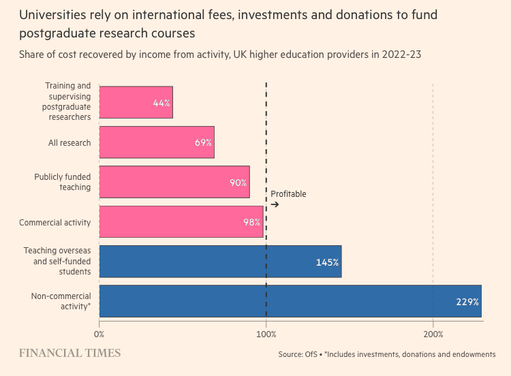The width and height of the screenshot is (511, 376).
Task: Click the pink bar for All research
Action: (157, 142)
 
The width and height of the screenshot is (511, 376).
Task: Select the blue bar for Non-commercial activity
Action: (290, 302)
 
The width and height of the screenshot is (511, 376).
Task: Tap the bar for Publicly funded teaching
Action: (174, 182)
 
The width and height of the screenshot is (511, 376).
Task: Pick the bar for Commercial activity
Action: (181, 222)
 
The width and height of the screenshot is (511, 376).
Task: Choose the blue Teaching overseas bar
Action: (220, 262)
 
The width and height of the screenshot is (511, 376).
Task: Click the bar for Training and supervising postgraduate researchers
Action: (136, 103)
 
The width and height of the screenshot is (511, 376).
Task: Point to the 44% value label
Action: (161, 104)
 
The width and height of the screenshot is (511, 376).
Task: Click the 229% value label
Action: (467, 302)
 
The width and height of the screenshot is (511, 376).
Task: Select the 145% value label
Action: (327, 262)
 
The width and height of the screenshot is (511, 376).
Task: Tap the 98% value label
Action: (252, 223)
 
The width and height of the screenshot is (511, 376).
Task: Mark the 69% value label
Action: (203, 143)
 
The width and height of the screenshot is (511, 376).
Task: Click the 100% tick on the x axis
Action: (266, 334)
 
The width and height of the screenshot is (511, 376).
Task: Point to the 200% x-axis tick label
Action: (433, 334)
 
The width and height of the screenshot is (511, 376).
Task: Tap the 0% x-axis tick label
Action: (99, 334)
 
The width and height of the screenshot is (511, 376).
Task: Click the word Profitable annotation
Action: (288, 194)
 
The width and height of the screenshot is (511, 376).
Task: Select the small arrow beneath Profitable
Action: (275, 204)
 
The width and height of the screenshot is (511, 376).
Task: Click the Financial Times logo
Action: (69, 353)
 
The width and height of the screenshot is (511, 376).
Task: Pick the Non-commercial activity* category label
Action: (61, 301)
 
